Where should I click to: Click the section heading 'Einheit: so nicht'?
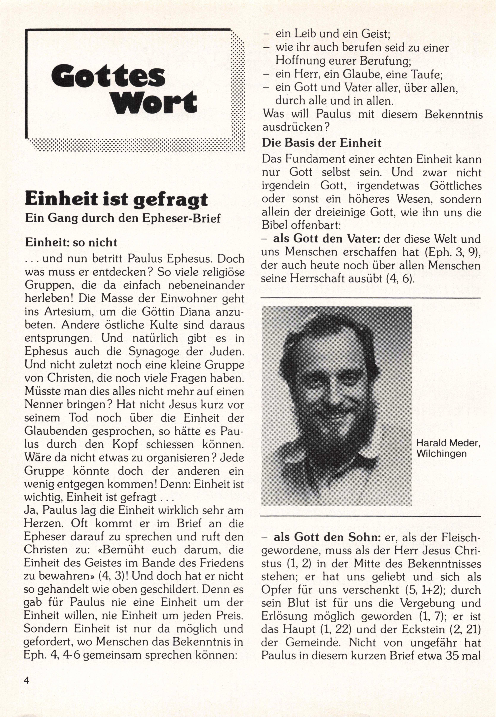click(71, 242)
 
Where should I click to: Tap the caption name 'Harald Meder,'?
click(448, 443)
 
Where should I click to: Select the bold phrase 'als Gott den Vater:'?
click(326, 239)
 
